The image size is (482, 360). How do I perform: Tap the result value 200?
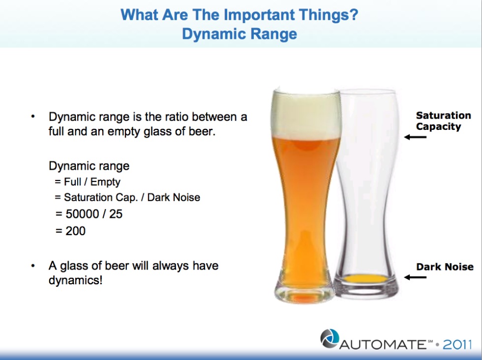76,231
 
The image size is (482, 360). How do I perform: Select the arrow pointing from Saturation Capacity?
415,137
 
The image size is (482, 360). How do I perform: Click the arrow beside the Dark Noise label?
415,277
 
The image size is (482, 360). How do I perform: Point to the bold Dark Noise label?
445,267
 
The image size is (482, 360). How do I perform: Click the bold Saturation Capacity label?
443,121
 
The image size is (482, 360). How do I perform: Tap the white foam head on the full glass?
306,114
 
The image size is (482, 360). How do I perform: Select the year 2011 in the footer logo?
457,344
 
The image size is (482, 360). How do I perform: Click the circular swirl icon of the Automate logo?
330,339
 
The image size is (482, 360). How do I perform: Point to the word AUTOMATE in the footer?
383,344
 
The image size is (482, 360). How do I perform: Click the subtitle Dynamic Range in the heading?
240,34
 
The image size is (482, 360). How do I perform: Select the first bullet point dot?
33,116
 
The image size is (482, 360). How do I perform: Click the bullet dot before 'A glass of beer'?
33,265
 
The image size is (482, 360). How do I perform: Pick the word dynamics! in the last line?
75,280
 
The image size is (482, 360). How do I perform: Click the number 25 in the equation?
116,214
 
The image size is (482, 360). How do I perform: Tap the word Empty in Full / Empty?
105,182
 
